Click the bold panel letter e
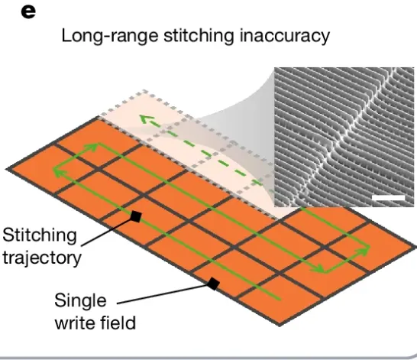pos(28,12)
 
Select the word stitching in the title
pos(199,36)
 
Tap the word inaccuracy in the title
pos(285,36)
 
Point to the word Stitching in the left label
pos(40,235)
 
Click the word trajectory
pos(42,258)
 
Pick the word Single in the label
pos(80,300)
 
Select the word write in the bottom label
pos(75,323)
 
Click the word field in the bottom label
pos(118,323)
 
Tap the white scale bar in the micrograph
pos(389,198)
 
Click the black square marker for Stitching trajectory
pos(136,216)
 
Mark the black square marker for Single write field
pos(213,284)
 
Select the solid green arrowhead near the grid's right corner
pos(365,250)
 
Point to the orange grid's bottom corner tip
pos(280,326)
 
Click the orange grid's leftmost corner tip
pos(6,170)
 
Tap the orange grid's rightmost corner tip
pos(415,248)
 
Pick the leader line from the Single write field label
pos(162,294)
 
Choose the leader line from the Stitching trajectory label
pos(106,232)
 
